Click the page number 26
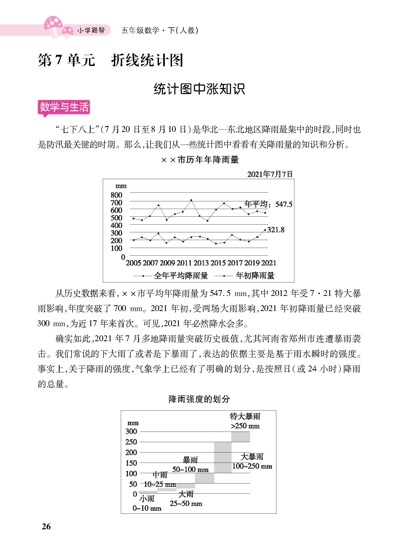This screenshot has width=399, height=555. [46, 526]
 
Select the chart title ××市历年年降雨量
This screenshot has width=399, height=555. [200, 160]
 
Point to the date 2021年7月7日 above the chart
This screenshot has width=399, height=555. [270, 174]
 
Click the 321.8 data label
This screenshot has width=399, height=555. [276, 230]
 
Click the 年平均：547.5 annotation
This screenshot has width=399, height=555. [268, 204]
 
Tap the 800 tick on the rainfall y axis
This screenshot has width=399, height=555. [116, 195]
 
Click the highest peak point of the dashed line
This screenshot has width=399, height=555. [191, 200]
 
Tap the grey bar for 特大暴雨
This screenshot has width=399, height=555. [241, 437]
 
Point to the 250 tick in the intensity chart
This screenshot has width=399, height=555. [131, 442]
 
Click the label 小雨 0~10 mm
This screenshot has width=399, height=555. [147, 503]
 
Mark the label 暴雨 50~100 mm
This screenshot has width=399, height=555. [190, 465]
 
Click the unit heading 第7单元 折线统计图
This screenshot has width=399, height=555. [110, 61]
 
